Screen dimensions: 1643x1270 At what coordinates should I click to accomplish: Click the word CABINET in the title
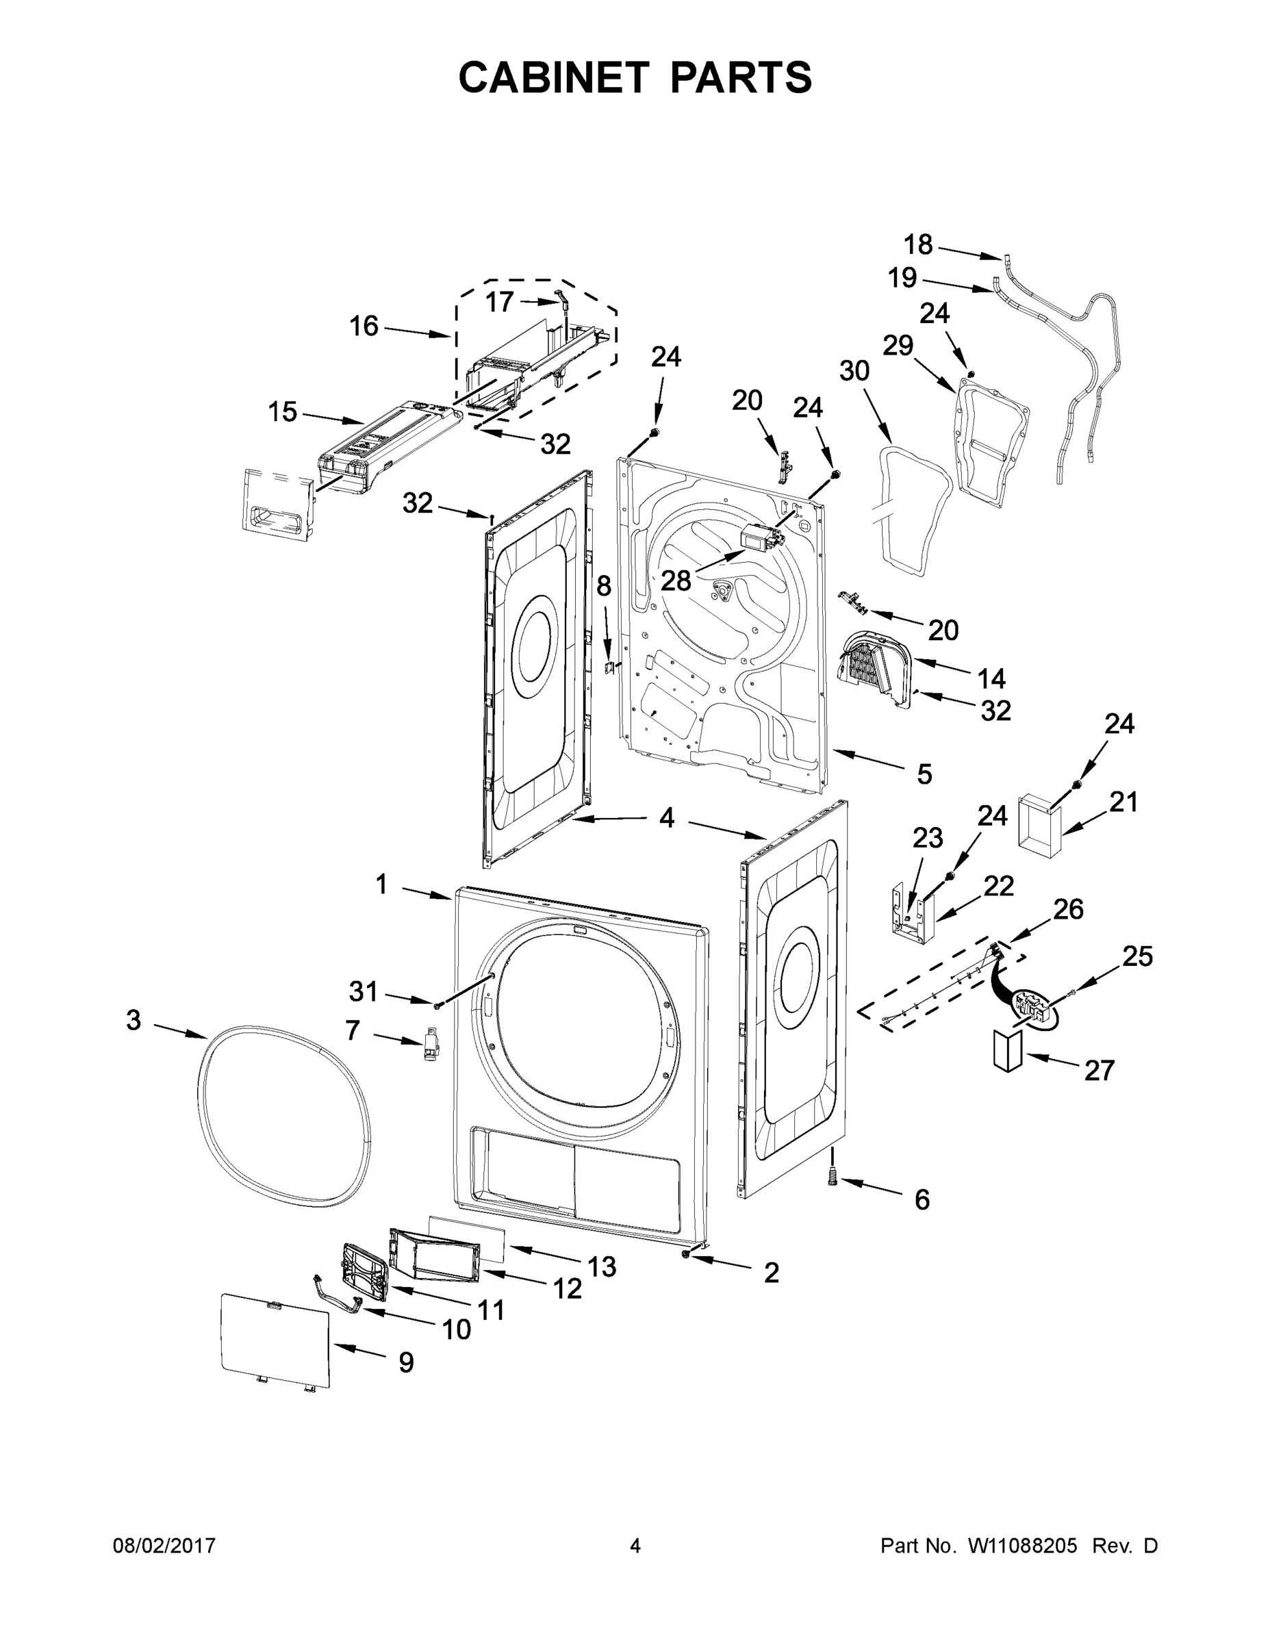[x=554, y=77]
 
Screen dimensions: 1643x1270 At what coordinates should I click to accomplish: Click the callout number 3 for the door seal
[x=134, y=1021]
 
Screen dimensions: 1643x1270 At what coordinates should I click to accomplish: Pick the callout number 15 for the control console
[x=283, y=411]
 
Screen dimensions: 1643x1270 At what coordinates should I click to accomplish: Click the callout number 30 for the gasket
[x=854, y=371]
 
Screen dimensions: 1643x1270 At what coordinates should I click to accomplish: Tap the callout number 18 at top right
[x=918, y=244]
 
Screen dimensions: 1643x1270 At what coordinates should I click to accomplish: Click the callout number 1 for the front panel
[x=381, y=884]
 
